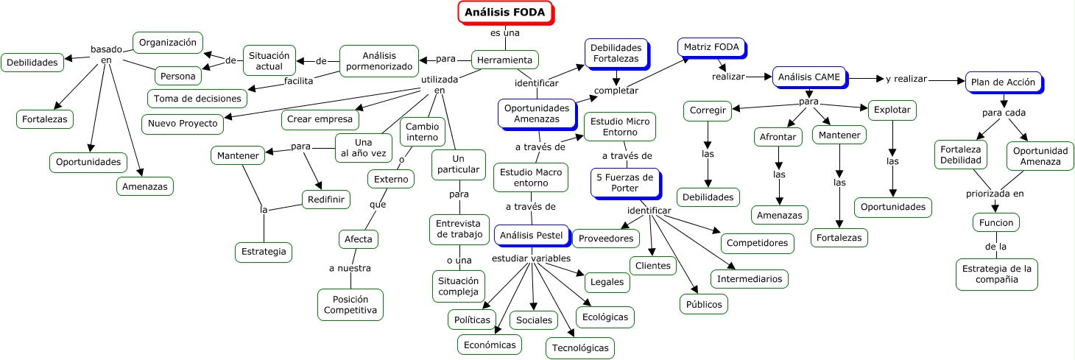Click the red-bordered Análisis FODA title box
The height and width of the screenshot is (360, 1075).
(x=505, y=13)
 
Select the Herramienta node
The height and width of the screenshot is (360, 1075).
(x=505, y=60)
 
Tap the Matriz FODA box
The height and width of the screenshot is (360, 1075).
(x=711, y=47)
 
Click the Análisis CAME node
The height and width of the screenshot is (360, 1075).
(x=809, y=77)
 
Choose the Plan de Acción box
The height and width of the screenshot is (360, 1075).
(x=1003, y=82)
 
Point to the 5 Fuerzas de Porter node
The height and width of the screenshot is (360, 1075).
(x=624, y=183)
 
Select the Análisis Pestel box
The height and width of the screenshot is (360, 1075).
(x=531, y=236)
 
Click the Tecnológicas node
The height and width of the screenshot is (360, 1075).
(x=580, y=347)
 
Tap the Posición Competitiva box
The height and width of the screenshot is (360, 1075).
(x=350, y=304)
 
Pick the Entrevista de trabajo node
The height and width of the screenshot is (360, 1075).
(x=459, y=229)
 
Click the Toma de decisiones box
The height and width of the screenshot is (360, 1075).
(x=197, y=98)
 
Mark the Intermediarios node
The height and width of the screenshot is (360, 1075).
(x=750, y=279)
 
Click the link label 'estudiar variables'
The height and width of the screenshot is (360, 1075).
(x=530, y=258)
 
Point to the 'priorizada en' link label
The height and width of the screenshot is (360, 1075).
(x=995, y=194)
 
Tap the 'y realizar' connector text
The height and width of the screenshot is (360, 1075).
(x=906, y=79)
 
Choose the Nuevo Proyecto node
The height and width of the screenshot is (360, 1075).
(x=183, y=123)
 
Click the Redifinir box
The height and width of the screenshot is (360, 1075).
(x=325, y=200)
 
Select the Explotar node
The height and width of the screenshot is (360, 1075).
(x=892, y=110)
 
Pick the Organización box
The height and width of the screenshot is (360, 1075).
(x=168, y=43)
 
